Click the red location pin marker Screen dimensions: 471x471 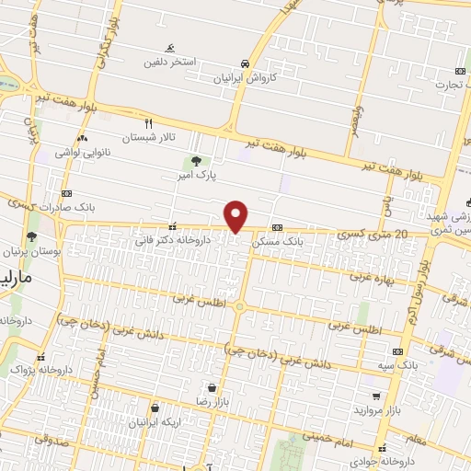[237, 215]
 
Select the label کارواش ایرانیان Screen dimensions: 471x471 [245, 78]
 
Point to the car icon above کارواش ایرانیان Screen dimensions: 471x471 [245, 63]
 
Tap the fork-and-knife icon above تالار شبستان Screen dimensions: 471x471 [147, 122]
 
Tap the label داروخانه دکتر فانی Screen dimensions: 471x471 [173, 240]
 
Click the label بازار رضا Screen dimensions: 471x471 [217, 402]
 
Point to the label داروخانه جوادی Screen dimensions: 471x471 [415, 460]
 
